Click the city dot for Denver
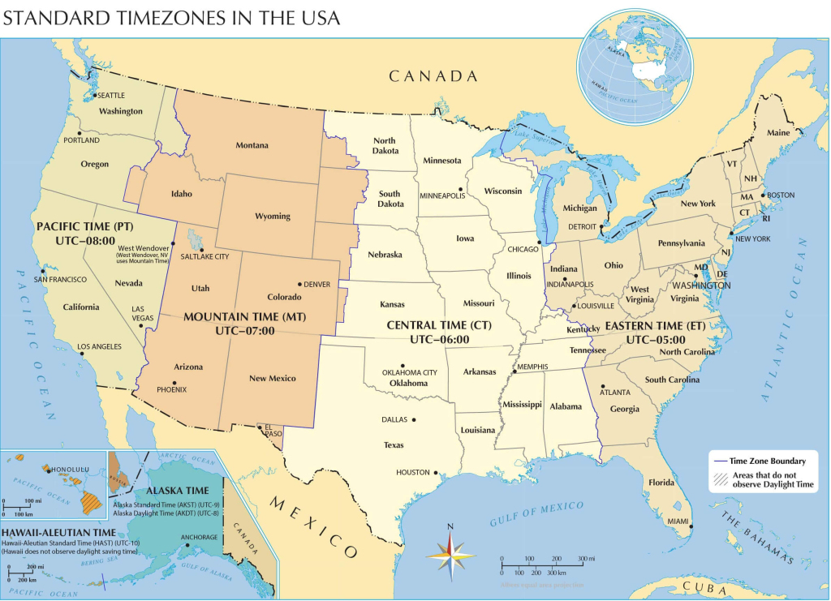pos(300,285)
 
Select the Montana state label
pos(252,146)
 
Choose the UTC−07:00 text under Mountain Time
pos(244,331)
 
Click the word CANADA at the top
pos(433,76)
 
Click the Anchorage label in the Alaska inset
pos(198,537)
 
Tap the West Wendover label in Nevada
pos(144,247)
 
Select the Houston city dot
pos(436,473)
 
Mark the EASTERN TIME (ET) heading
pos(655,325)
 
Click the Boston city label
pos(780,195)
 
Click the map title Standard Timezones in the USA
pos(172,18)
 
